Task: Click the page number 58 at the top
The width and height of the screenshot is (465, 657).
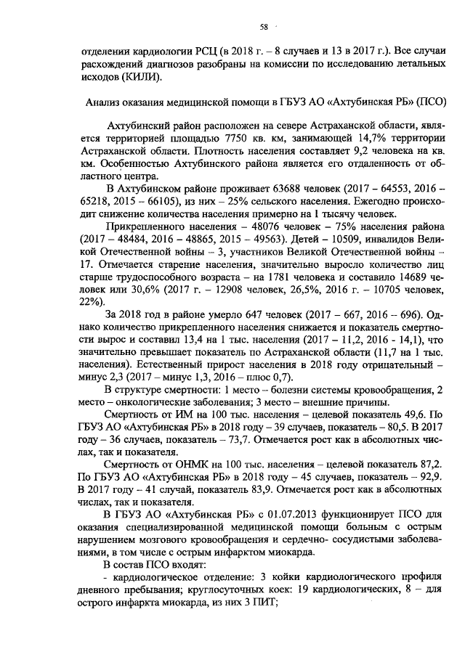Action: click(x=264, y=28)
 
